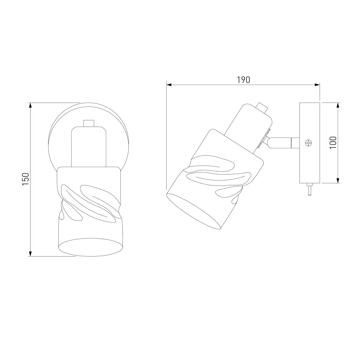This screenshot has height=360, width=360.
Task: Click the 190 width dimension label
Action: pyautogui.click(x=243, y=80)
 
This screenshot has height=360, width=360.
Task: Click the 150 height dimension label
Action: pyautogui.click(x=26, y=179)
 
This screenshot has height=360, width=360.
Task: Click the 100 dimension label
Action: pyautogui.click(x=333, y=143)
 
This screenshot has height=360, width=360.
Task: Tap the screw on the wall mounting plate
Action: pyautogui.click(x=309, y=143)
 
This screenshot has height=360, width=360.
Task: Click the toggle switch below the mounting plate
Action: pyautogui.click(x=309, y=189)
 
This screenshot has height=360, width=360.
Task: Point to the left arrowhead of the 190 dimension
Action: pyautogui.click(x=169, y=85)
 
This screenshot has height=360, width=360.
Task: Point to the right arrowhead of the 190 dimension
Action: pyautogui.click(x=317, y=85)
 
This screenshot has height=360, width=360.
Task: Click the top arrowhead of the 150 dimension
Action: pyautogui.click(x=30, y=105)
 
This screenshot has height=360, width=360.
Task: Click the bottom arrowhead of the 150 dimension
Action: pyautogui.click(x=30, y=253)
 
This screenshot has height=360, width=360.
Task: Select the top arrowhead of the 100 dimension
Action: pyautogui.click(x=338, y=105)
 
